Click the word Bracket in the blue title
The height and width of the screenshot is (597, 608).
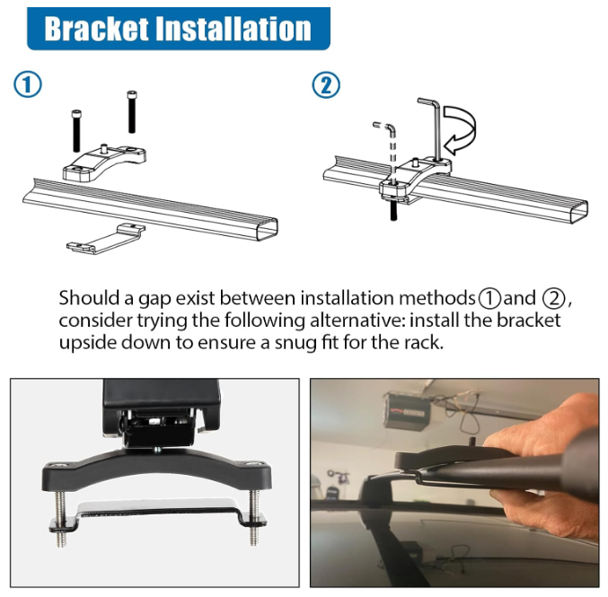[97, 28]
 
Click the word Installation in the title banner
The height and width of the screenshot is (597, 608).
[234, 28]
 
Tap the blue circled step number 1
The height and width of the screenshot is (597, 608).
[28, 86]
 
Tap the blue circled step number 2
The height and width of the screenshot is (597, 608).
[327, 86]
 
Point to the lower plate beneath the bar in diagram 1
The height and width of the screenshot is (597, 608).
[109, 237]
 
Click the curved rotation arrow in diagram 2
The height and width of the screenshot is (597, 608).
[466, 130]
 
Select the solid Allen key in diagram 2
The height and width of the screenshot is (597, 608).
[433, 126]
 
